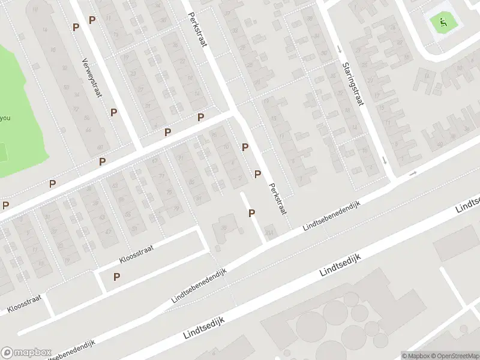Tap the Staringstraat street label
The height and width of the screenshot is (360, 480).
[x=353, y=84]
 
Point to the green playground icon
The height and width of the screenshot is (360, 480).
[x=443, y=23]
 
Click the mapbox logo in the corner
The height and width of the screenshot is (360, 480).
[x=26, y=353]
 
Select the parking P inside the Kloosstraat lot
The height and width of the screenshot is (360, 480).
[x=117, y=277]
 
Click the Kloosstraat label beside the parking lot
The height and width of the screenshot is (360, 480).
[x=137, y=255]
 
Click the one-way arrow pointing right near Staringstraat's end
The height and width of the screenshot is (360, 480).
[x=413, y=174]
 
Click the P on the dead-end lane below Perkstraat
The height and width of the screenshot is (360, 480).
[x=252, y=213]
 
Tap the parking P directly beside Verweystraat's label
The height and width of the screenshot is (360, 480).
[x=113, y=112]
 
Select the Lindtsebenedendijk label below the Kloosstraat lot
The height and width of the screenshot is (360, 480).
[x=200, y=286]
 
